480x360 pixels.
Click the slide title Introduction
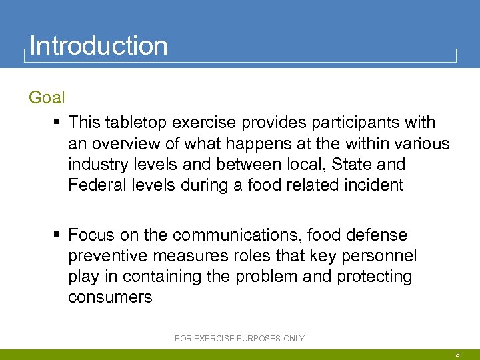99,46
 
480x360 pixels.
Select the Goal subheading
47,98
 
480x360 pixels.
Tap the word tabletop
133,123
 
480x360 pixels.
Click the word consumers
110,297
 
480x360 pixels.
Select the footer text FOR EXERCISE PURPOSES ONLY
239,339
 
